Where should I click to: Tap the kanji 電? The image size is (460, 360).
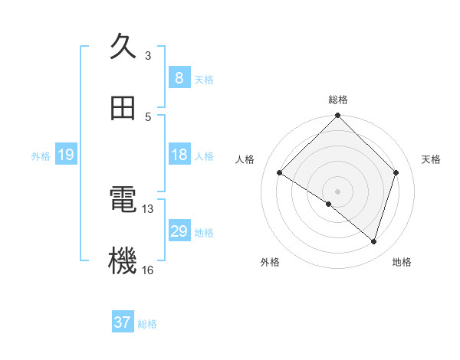point(123,201)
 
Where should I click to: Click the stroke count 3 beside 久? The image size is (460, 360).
point(148,55)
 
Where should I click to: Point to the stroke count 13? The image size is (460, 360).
point(148,208)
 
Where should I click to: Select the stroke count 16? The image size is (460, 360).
point(148,270)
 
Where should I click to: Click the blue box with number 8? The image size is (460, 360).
point(179,78)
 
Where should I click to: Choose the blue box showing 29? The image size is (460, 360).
point(179,231)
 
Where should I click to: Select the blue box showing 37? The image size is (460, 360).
point(123,322)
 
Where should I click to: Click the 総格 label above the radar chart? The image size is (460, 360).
point(338,100)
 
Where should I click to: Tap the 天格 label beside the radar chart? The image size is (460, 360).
point(432,159)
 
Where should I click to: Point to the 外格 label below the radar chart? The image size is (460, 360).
point(270,262)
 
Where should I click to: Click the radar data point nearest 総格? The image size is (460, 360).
point(338,116)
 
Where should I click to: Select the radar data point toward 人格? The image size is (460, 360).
point(280,173)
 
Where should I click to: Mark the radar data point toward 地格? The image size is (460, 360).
point(374,242)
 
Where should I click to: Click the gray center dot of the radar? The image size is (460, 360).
point(338,191)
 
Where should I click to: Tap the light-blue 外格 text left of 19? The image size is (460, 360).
point(41,156)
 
